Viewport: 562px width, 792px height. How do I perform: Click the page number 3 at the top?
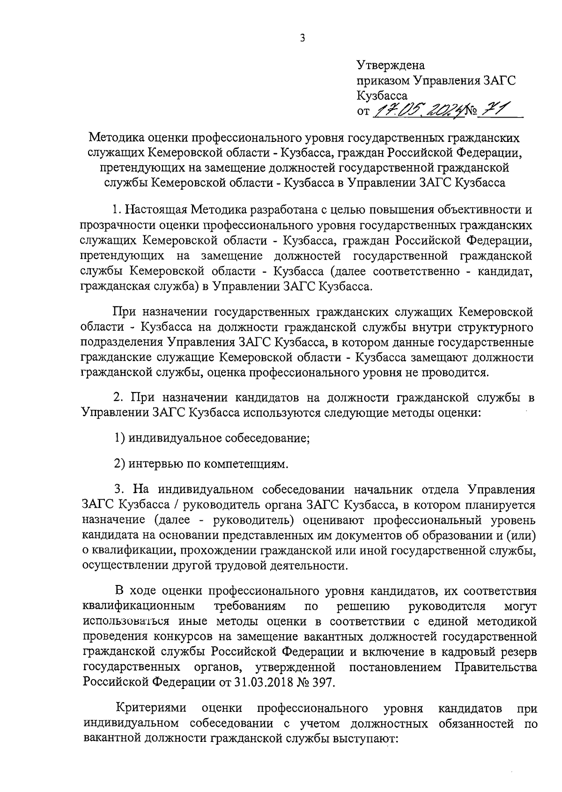(302, 38)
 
